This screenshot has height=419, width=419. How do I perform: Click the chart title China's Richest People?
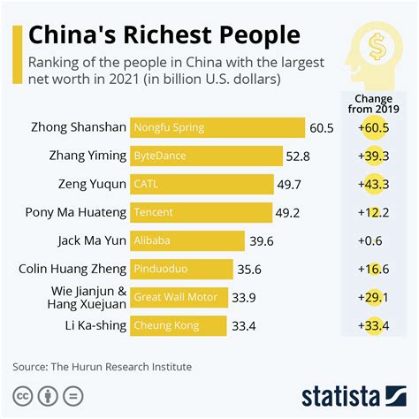164,35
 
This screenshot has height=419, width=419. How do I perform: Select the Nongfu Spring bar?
217,127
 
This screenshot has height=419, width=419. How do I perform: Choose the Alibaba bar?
187,240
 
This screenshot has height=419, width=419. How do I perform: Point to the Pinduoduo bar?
181,269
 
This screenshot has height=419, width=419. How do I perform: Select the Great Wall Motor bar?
179,297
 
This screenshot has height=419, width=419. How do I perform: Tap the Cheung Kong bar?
178,325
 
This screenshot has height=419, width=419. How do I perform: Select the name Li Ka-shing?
93,325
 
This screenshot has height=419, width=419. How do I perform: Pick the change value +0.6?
372,240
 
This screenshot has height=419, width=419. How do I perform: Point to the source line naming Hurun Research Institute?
102,366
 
